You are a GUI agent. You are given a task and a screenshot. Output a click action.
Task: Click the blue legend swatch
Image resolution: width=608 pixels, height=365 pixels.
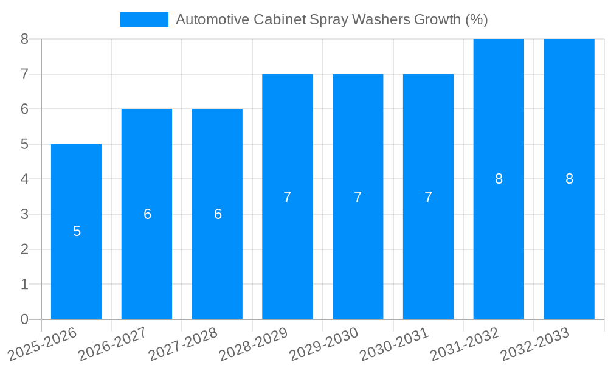pyautogui.click(x=144, y=19)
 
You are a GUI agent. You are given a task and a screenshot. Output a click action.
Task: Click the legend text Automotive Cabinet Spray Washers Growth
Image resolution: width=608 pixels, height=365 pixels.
pyautogui.click(x=331, y=19)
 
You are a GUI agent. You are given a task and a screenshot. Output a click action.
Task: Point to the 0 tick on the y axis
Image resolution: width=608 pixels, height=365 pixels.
pyautogui.click(x=24, y=319)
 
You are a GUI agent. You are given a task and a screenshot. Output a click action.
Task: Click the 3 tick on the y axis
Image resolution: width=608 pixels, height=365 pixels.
pyautogui.click(x=24, y=214)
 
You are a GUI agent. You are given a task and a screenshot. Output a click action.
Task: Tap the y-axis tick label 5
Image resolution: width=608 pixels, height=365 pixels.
pyautogui.click(x=24, y=144)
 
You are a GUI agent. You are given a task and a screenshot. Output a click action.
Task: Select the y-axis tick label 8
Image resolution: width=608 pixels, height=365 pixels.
pyautogui.click(x=24, y=39)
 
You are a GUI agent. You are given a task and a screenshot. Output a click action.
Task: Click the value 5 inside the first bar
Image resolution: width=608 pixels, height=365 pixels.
pyautogui.click(x=77, y=231)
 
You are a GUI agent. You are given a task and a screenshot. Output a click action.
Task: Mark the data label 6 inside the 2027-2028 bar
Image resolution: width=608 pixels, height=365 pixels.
pyautogui.click(x=218, y=214)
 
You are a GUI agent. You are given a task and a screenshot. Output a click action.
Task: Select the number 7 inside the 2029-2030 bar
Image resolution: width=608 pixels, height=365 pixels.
pyautogui.click(x=358, y=197)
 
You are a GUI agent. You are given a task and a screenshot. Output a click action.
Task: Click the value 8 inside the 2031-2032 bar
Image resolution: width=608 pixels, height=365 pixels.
pyautogui.click(x=499, y=179)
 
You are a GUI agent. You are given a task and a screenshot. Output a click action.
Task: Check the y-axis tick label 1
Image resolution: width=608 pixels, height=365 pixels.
pyautogui.click(x=24, y=284)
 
